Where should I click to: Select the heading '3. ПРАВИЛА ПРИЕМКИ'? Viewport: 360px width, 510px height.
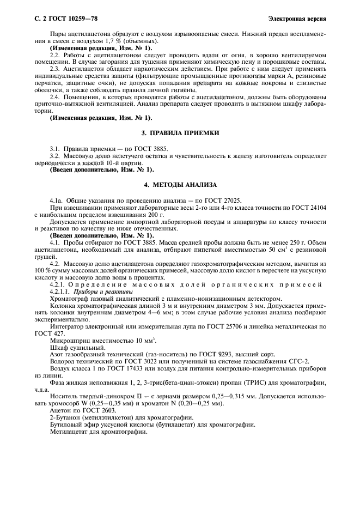point(180,132)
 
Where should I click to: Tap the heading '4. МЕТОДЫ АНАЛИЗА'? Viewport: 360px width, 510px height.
point(180,184)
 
